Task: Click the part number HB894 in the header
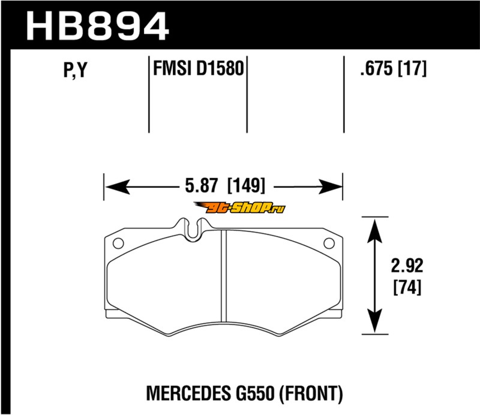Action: click(97, 26)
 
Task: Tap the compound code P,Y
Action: click(76, 70)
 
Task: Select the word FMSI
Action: click(172, 68)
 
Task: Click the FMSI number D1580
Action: click(220, 68)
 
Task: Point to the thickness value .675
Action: click(376, 68)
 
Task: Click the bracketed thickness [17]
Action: click(412, 68)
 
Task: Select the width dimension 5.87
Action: click(202, 186)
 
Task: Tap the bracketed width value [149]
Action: click(246, 186)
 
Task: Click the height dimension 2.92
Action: click(407, 265)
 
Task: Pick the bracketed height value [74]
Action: click(407, 287)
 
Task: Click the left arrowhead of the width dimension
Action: click(117, 187)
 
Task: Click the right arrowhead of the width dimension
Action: click(330, 187)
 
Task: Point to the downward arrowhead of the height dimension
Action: click(374, 321)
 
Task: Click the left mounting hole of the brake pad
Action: click(118, 243)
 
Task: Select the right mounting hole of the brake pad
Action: click(329, 243)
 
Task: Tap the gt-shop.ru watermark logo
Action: click(239, 208)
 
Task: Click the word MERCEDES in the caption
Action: click(188, 393)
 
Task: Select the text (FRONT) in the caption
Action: click(311, 393)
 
